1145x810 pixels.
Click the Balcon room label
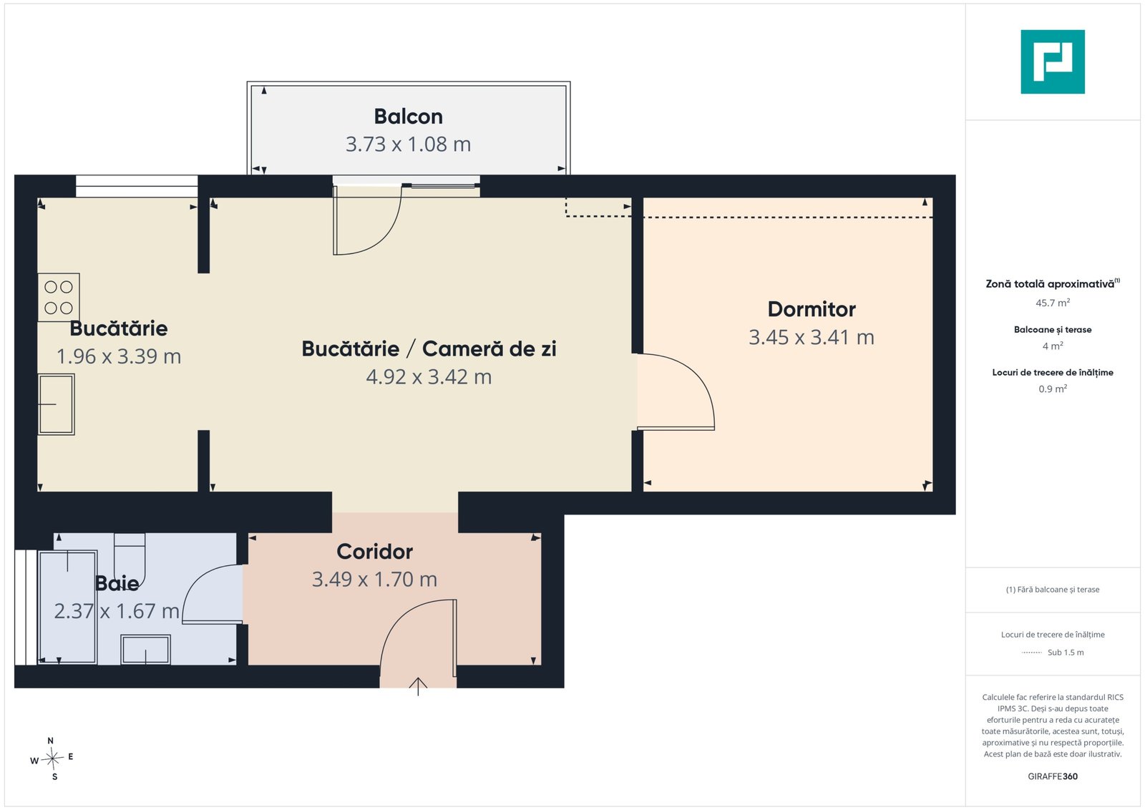(408, 117)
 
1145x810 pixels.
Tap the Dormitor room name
(812, 309)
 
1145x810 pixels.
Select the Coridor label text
(374, 552)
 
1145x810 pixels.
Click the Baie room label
(117, 583)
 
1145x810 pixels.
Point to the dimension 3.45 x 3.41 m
(812, 337)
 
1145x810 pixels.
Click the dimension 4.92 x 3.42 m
(429, 377)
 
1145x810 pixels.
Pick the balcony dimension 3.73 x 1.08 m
(408, 144)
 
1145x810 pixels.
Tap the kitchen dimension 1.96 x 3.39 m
(119, 356)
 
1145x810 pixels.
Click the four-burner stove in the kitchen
(58, 298)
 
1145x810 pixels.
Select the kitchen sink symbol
(57, 404)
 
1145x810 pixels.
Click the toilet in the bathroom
(130, 560)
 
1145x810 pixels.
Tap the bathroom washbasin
(146, 650)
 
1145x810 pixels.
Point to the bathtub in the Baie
(67, 607)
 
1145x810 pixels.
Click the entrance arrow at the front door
(418, 686)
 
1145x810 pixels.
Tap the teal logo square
(1053, 62)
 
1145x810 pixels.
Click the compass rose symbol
(52, 758)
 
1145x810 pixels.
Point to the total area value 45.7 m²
(1053, 303)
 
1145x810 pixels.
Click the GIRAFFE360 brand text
(1053, 776)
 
